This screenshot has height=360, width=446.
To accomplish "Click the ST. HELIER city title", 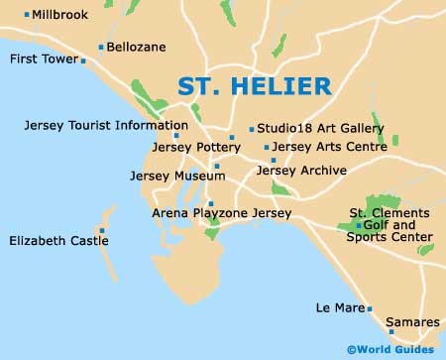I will point(254,86).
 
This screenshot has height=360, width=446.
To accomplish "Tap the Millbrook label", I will point(60,15).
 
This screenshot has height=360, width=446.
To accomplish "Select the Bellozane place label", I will point(138,47).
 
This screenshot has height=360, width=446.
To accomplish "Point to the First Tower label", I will point(43,60).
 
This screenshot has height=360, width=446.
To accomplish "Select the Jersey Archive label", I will point(300,171).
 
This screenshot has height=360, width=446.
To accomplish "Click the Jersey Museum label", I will point(170,176).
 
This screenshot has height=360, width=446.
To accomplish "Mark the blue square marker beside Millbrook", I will point(27,15).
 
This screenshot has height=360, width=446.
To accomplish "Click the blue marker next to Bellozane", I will point(101,47).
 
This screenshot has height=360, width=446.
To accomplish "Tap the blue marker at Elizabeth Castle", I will point(101,230).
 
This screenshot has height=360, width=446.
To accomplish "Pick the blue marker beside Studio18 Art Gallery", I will point(252,129).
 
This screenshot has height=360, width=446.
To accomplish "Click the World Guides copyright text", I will point(390,349).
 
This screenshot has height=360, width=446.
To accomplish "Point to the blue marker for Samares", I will point(391,331).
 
